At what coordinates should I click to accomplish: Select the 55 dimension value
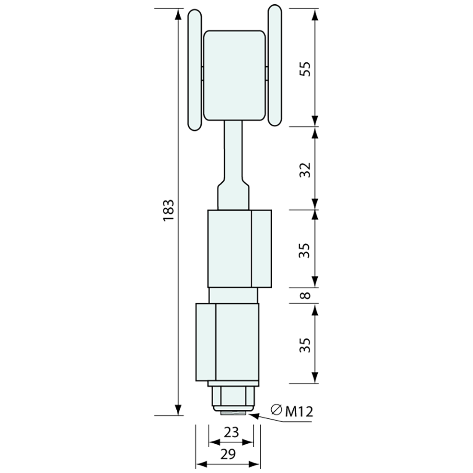pyautogui.click(x=304, y=68)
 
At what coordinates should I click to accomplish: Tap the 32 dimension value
pyautogui.click(x=304, y=170)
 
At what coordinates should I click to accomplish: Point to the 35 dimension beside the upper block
pyautogui.click(x=304, y=250)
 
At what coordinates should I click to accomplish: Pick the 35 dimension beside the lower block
pyautogui.click(x=304, y=344)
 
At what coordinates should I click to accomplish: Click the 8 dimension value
pyautogui.click(x=304, y=296)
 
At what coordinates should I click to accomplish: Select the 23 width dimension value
pyautogui.click(x=231, y=432)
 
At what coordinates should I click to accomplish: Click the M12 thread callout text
pyautogui.click(x=299, y=412)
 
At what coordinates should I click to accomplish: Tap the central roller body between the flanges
pyautogui.click(x=234, y=75)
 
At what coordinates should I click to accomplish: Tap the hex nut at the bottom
pyautogui.click(x=233, y=397)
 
